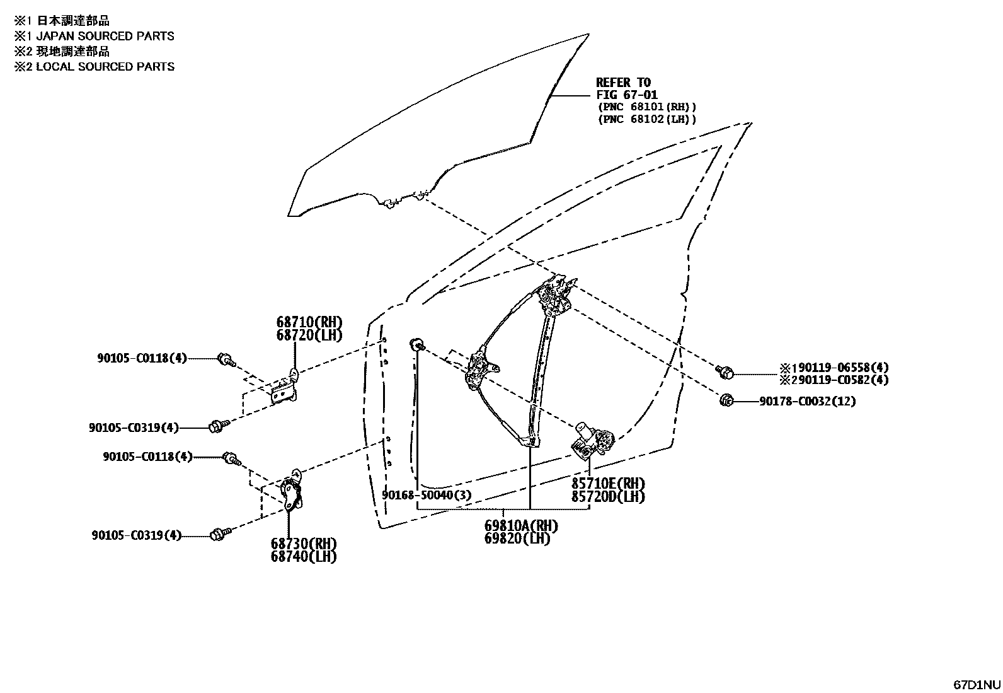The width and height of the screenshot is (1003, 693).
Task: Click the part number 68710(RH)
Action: tap(309, 323)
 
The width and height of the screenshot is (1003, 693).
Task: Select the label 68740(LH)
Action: tap(304, 556)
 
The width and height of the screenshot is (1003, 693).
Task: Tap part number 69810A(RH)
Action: tap(521, 525)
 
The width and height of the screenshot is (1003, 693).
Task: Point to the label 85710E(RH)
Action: tap(608, 484)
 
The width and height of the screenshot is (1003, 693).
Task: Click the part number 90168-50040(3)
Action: tap(427, 495)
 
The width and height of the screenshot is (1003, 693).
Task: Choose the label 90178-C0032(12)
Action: tap(807, 401)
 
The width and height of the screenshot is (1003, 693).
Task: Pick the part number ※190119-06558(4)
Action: tap(834, 367)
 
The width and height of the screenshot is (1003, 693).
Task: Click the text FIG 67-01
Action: tap(627, 95)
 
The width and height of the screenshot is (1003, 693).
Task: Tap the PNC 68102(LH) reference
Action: tap(647, 119)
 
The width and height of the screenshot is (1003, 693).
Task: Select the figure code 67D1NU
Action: tap(976, 684)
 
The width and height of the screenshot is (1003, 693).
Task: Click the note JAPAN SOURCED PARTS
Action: tap(105, 36)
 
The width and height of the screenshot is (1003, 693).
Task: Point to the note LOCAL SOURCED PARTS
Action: tap(105, 66)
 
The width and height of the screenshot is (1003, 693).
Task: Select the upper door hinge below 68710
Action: tap(286, 388)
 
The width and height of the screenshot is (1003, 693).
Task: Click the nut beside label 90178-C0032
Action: tap(725, 399)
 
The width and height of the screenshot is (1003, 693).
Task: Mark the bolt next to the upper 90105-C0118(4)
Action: tap(225, 360)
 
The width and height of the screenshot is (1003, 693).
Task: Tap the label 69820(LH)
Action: tap(517, 538)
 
